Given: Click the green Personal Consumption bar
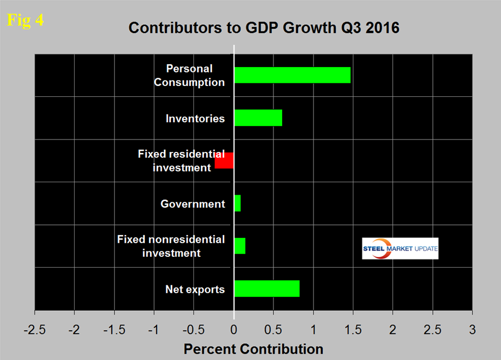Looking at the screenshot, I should tap(292, 75).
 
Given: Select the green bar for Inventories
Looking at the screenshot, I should tap(258, 118).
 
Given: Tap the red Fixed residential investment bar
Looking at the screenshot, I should tap(224, 161).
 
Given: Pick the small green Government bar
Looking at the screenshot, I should tap(237, 203).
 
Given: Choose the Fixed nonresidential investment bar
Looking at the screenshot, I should tap(239, 246).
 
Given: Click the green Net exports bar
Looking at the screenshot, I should tap(266, 289).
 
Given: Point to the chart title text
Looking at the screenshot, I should tap(264, 28).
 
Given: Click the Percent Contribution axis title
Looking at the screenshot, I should tap(253, 349).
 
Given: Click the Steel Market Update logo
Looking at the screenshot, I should tap(400, 249).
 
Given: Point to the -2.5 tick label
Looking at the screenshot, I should tap(35, 329).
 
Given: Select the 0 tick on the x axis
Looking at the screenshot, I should tap(234, 329).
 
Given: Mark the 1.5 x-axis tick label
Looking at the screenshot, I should tap(353, 329).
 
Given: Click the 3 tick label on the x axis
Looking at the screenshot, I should tap(472, 329).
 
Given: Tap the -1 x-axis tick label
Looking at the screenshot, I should tap(154, 329).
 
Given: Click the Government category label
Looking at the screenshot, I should tap(192, 204).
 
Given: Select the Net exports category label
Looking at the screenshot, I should tap(195, 289).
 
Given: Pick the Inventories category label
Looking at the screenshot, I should tap(195, 118).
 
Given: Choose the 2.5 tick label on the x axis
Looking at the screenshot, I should tap(432, 329).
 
